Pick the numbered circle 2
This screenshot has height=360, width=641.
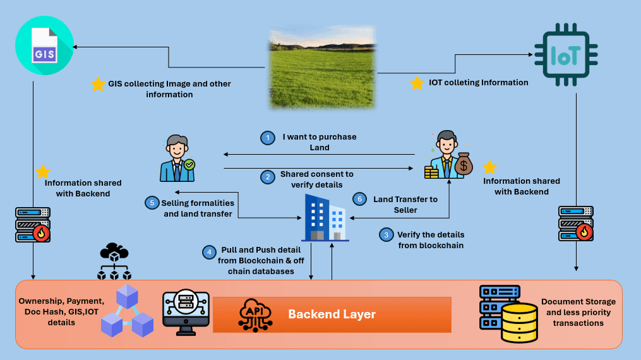click(x=268, y=178)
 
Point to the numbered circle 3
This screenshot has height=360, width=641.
click(x=385, y=235)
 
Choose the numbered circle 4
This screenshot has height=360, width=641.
click(x=209, y=252)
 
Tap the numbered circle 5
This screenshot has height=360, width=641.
click(x=151, y=203)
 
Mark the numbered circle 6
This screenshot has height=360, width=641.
click(x=359, y=199)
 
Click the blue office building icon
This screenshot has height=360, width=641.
click(x=324, y=217)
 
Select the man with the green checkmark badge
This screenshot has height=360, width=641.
click(x=177, y=158)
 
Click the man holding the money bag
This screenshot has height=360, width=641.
click(x=449, y=155)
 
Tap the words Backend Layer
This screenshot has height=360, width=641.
click(x=332, y=315)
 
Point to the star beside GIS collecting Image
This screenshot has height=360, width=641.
click(x=98, y=84)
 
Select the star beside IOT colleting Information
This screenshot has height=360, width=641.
click(x=417, y=83)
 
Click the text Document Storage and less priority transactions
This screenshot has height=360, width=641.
click(x=578, y=312)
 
